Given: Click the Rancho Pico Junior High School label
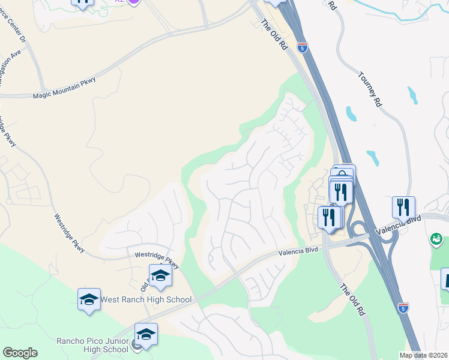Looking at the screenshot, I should pos(92,345).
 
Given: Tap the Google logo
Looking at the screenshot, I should pos(20,353).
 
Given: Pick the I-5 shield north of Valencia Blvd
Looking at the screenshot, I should pos(303,46).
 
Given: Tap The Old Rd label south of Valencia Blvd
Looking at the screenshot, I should pos(353,299).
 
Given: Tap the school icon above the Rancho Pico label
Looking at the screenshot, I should pos(146,334).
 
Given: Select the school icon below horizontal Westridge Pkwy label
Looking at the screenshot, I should pos(160,275).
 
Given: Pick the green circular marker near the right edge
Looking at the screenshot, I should pos(436,240).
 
